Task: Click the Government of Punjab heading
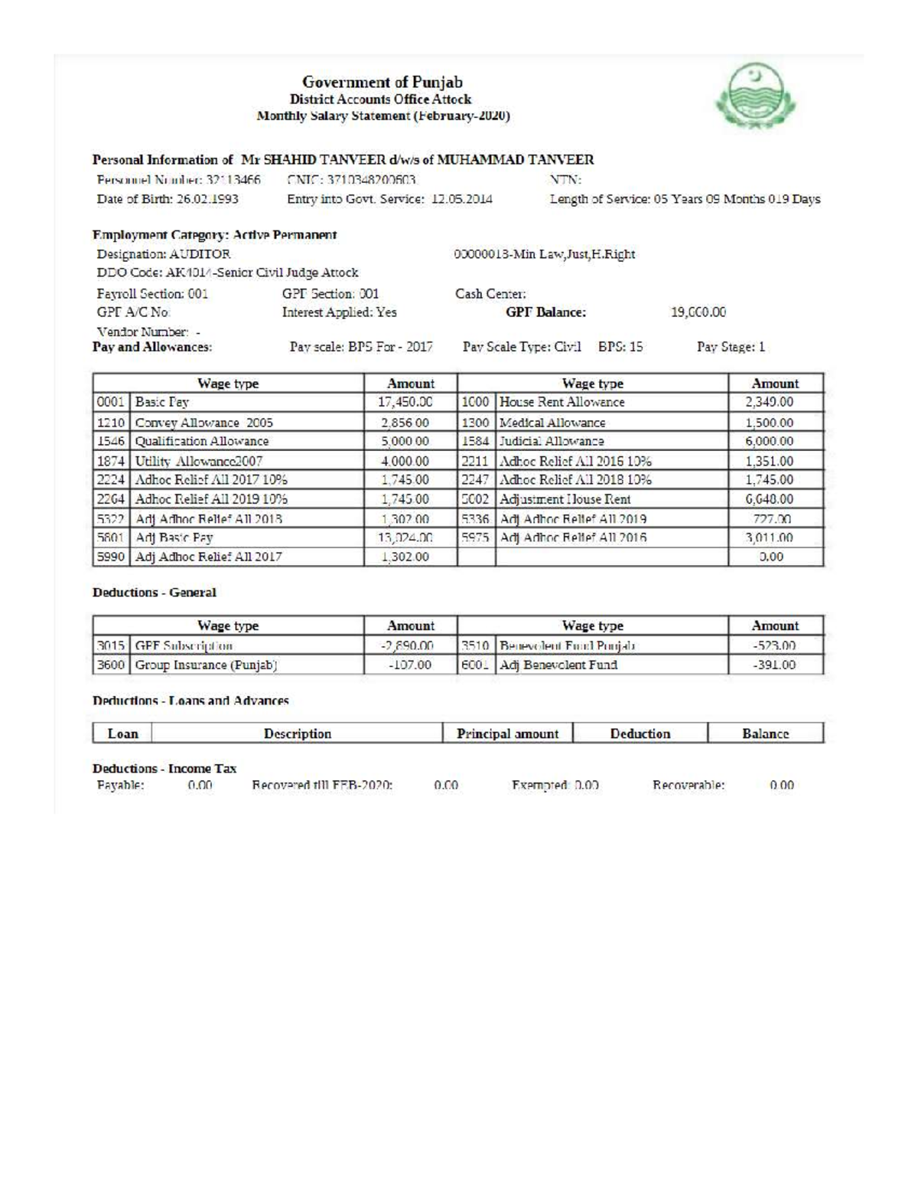click(x=382, y=82)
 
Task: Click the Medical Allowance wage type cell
click(x=552, y=423)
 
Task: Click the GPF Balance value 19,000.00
click(x=697, y=312)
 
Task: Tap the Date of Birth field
click(x=168, y=200)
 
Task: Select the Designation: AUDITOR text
click(x=164, y=254)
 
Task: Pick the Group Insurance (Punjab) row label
click(x=206, y=665)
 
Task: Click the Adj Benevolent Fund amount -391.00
click(x=774, y=665)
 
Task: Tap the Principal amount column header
click(x=507, y=733)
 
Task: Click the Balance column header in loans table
click(x=765, y=733)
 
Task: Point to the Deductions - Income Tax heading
click(x=164, y=769)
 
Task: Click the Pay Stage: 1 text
click(x=731, y=348)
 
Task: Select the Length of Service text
click(x=685, y=200)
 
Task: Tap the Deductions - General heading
click(x=155, y=593)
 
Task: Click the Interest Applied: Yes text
click(x=339, y=312)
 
